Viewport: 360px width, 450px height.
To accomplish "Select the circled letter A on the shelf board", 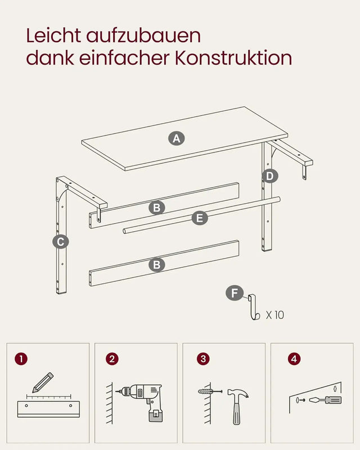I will [x=177, y=138].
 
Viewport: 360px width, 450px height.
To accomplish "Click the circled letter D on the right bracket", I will [x=270, y=176].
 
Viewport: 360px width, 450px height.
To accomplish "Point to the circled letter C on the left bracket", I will [x=60, y=242].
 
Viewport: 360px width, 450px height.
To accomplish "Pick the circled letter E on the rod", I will [x=199, y=218].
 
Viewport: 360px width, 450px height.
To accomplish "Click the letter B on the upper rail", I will [x=157, y=208].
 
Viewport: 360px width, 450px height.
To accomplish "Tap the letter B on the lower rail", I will [x=157, y=264].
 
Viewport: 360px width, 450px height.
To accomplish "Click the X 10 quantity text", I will [x=275, y=315].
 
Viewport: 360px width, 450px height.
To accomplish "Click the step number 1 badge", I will [x=21, y=358].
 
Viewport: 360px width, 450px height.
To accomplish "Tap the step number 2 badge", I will [x=112, y=358].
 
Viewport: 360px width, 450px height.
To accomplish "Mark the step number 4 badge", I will [x=293, y=358].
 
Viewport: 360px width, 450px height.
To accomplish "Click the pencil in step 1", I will [x=42, y=382].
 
